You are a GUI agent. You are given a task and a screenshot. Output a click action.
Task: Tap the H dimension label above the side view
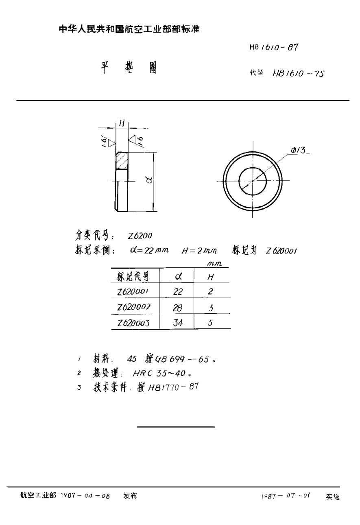click(x=121, y=122)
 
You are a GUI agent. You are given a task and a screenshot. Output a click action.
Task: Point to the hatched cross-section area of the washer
click(x=122, y=161)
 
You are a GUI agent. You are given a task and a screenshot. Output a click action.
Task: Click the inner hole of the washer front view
click(x=253, y=181)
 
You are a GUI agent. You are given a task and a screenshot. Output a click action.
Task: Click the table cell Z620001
click(x=133, y=291)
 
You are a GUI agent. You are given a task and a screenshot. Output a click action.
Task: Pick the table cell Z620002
click(x=133, y=307)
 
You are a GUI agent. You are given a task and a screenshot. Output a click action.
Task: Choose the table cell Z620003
click(x=133, y=323)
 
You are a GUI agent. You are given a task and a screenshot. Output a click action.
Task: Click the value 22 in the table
click(x=178, y=292)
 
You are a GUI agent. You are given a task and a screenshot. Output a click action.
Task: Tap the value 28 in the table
click(x=178, y=308)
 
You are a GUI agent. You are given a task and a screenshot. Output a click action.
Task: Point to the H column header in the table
click(x=211, y=277)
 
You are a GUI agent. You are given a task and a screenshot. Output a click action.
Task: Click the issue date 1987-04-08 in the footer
click(x=85, y=496)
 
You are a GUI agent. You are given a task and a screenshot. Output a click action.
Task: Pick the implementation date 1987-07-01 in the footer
click(x=286, y=496)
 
